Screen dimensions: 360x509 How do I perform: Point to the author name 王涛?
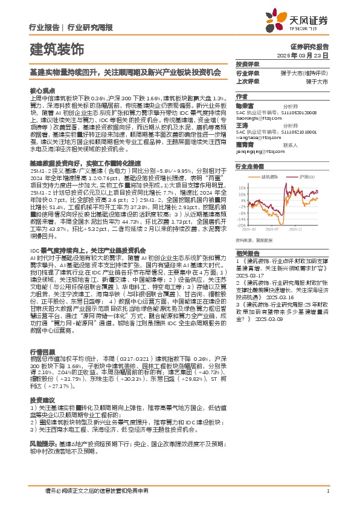pyautogui.click(x=241, y=124)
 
